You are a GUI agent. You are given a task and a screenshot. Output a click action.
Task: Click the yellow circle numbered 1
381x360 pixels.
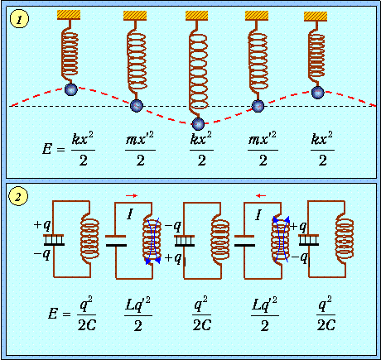pyautogui.click(x=19, y=19)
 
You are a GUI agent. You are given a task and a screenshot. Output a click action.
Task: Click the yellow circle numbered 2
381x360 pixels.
pyautogui.click(x=18, y=197)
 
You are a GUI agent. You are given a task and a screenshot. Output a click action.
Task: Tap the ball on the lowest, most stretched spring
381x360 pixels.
pyautogui.click(x=198, y=124)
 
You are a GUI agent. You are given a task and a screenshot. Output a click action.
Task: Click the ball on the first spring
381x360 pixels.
pyautogui.click(x=71, y=89)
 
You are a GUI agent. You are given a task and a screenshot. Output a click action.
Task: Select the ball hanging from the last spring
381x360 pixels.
pyautogui.click(x=317, y=93)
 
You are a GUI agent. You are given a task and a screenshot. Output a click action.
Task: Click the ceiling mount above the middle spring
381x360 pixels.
pyautogui.click(x=196, y=16)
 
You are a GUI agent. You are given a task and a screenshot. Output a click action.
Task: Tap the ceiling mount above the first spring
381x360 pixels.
pyautogui.click(x=69, y=15)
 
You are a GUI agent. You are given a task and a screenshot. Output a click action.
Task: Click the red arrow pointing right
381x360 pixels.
pyautogui.click(x=132, y=195)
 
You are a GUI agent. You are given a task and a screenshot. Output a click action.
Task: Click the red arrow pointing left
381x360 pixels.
pyautogui.click(x=261, y=195)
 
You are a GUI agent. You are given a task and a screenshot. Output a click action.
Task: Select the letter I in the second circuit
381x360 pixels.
pyautogui.click(x=130, y=214)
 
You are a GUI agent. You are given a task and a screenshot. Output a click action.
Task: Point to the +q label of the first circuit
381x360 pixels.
pyautogui.click(x=42, y=225)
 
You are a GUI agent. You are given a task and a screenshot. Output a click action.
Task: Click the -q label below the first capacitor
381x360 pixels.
pyautogui.click(x=42, y=254)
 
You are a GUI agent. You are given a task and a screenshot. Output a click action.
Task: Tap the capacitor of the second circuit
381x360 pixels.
pyautogui.click(x=116, y=241)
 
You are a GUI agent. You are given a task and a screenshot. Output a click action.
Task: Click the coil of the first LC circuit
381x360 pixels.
pyautogui.click(x=89, y=239)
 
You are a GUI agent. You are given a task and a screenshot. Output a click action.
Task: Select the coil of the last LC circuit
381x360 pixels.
pyautogui.click(x=344, y=239)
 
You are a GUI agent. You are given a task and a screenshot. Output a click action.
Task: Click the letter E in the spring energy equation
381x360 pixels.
pyautogui.click(x=47, y=149)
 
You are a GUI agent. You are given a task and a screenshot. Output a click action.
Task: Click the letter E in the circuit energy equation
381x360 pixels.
pyautogui.click(x=53, y=314)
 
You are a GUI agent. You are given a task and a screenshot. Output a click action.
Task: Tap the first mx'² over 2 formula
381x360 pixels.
pyautogui.click(x=140, y=149)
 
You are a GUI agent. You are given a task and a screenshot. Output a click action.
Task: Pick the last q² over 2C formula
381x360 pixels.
pyautogui.click(x=326, y=314)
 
